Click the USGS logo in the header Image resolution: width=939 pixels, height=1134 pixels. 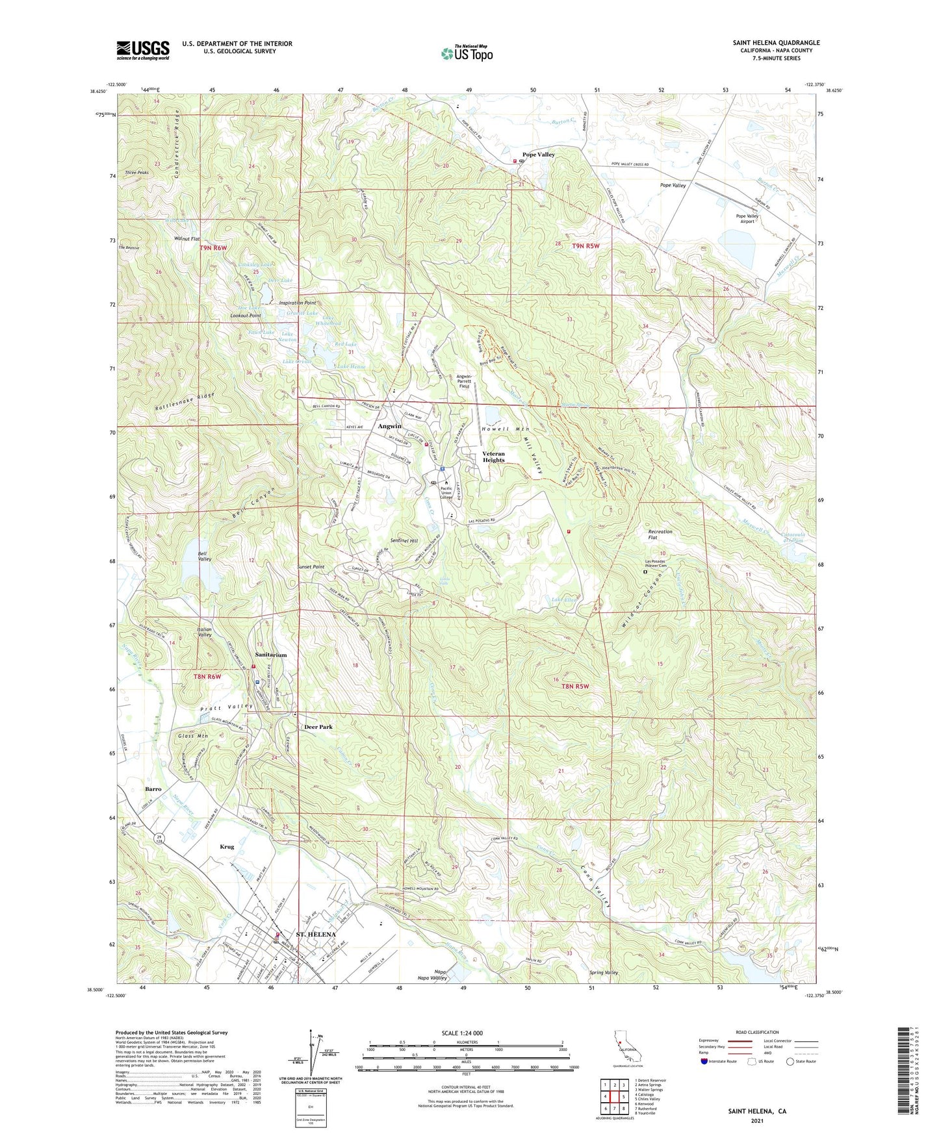[143, 50]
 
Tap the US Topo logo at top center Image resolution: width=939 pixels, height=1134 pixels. [467, 53]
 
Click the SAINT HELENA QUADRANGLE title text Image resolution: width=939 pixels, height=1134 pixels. [776, 43]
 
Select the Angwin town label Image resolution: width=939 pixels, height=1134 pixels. [390, 426]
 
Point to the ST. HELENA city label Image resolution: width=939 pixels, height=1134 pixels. [316, 935]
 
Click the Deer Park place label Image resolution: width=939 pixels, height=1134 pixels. [318, 727]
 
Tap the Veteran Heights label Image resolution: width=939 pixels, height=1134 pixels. [493, 457]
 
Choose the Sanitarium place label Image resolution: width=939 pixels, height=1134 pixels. [270, 655]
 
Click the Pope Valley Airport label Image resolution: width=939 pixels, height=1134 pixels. [747, 218]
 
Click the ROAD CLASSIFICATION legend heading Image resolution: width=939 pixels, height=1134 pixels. [757, 1032]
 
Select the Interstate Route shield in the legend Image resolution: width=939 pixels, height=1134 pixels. [704, 1061]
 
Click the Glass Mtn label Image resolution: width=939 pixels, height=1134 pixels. [192, 736]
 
